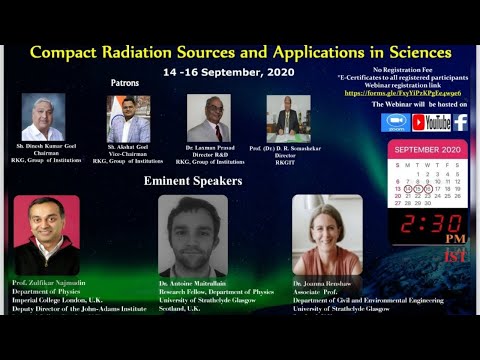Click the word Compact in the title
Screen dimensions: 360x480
click(x=68, y=52)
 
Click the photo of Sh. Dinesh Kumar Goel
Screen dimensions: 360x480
click(x=43, y=117)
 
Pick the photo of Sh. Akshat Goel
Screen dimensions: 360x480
click(x=128, y=119)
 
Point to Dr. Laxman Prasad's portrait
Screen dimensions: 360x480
click(x=208, y=118)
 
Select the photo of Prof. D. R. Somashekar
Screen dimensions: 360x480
click(x=288, y=118)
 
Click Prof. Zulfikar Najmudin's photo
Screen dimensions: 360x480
click(x=46, y=235)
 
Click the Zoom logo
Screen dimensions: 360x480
click(x=395, y=122)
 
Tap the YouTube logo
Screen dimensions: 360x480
click(x=431, y=122)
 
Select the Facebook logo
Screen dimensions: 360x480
click(x=460, y=122)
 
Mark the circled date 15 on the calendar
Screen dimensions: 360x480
click(x=419, y=188)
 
